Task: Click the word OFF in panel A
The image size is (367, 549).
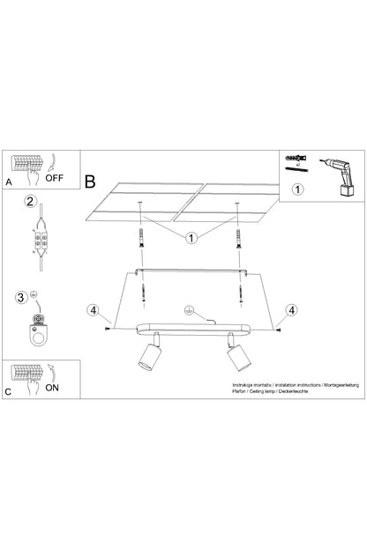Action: tap(56, 176)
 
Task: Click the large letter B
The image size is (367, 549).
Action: tap(90, 182)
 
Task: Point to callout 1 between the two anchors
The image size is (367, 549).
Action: tap(191, 237)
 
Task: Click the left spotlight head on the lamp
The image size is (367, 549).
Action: tap(145, 359)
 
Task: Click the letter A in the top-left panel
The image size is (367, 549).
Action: tap(9, 182)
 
